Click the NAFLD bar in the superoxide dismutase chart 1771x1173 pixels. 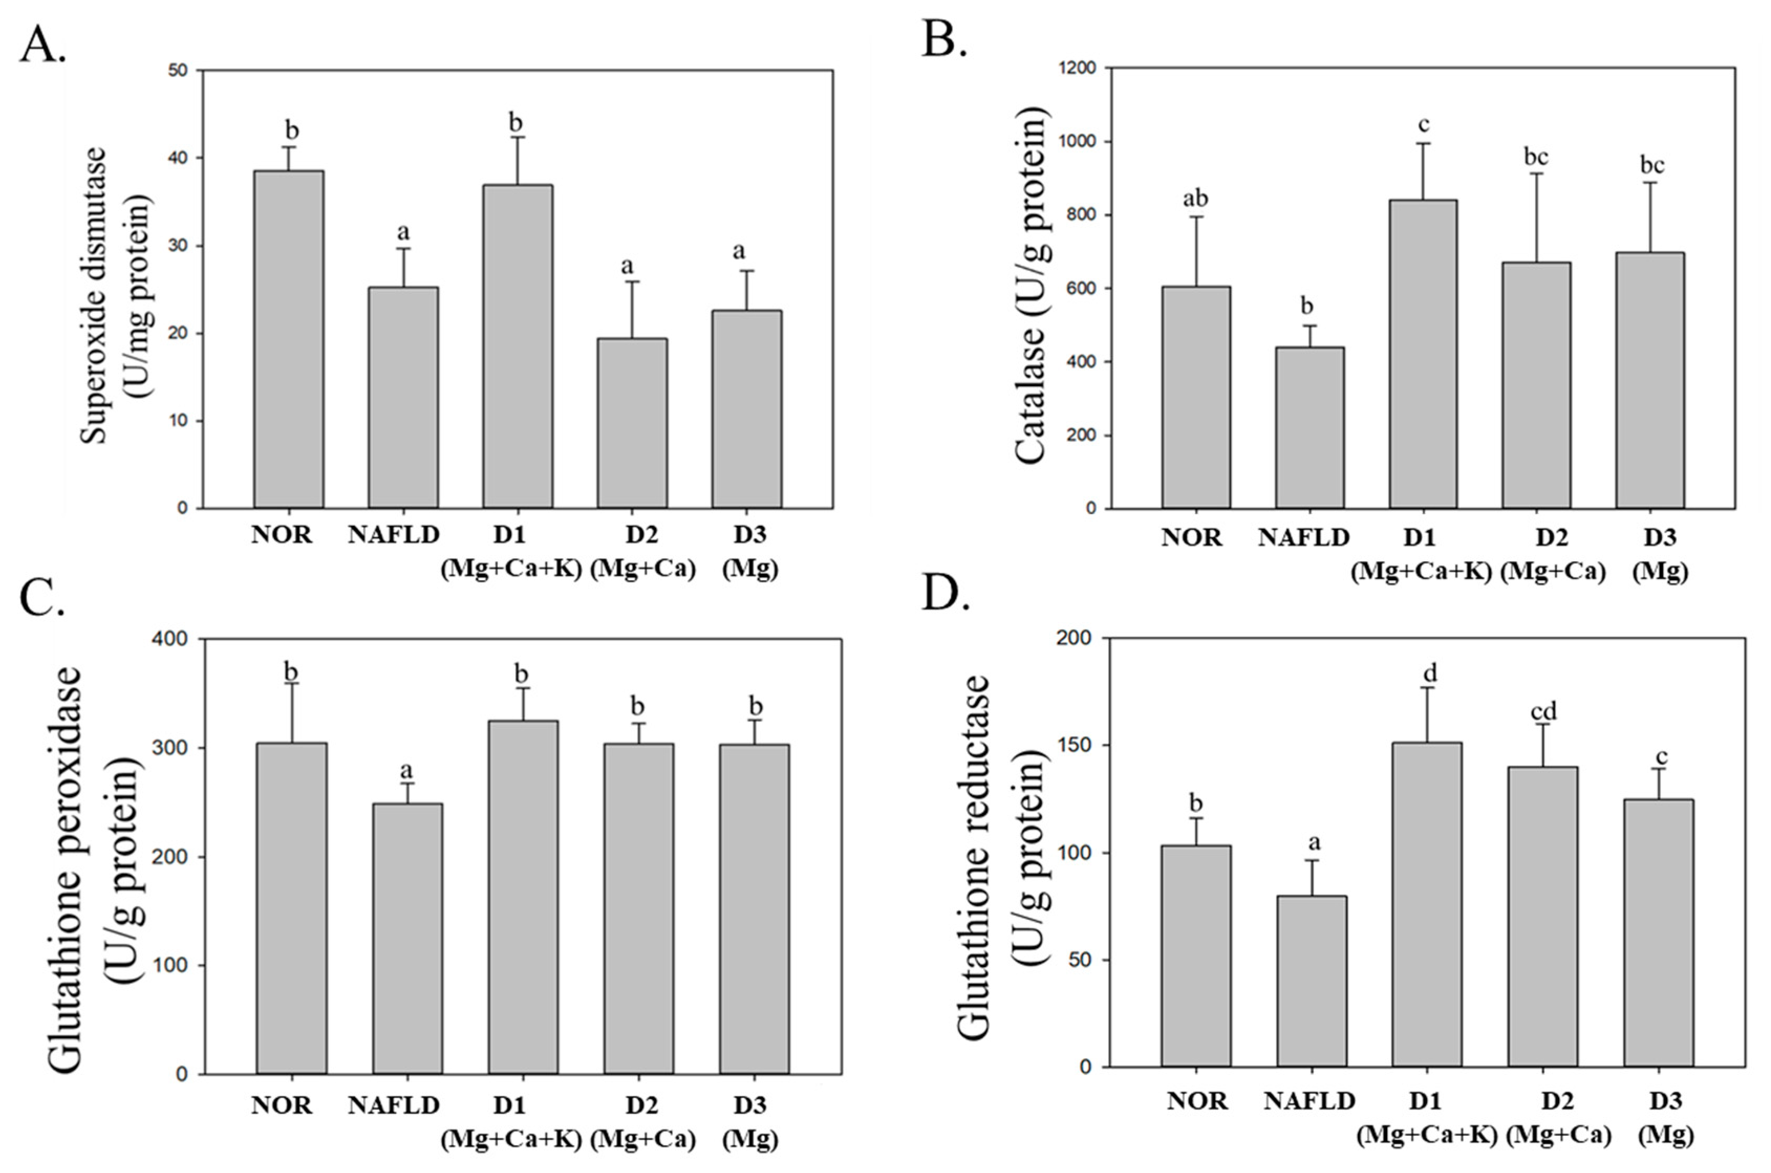pyautogui.click(x=403, y=397)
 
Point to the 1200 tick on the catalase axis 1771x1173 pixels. pyautogui.click(x=1076, y=68)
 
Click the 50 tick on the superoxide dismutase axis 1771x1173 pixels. pyautogui.click(x=180, y=70)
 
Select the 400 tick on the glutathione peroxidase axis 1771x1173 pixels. pyautogui.click(x=172, y=639)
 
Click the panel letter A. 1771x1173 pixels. pyautogui.click(x=42, y=46)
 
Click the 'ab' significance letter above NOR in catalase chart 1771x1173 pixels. pyautogui.click(x=1195, y=199)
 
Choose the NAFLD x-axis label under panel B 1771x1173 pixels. pyautogui.click(x=1304, y=537)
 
